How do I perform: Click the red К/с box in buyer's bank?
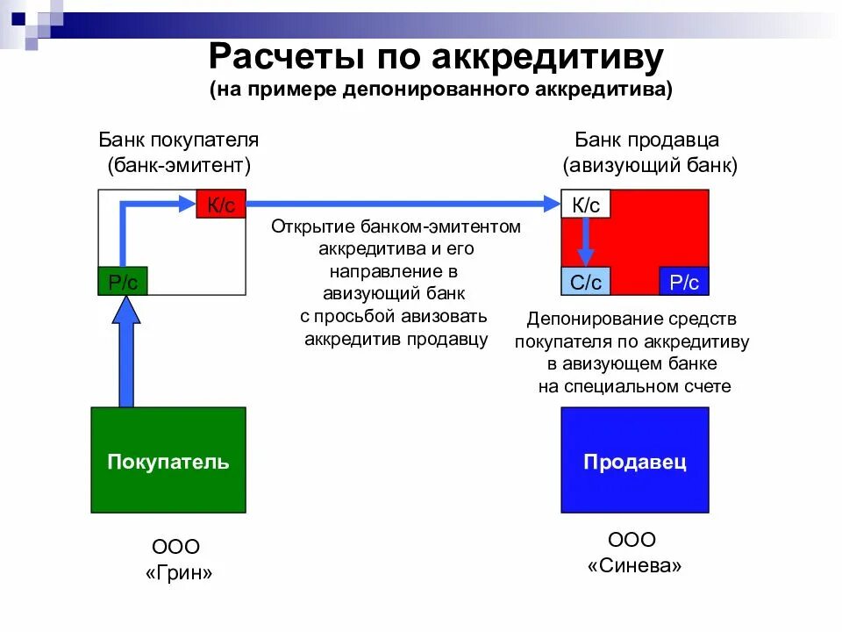click(221, 205)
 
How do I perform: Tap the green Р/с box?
click(123, 281)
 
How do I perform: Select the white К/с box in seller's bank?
click(585, 205)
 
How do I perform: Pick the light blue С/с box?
click(585, 281)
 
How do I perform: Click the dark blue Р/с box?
click(683, 281)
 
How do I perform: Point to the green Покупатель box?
click(168, 461)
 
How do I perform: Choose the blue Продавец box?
click(635, 461)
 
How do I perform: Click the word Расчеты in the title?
click(288, 59)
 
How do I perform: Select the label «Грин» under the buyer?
click(179, 574)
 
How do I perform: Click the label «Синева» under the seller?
click(634, 566)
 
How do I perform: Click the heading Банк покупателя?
click(178, 140)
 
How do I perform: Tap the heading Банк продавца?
click(647, 140)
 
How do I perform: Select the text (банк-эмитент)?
click(179, 165)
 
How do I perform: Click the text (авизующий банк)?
click(650, 165)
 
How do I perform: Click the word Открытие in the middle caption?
click(307, 226)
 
